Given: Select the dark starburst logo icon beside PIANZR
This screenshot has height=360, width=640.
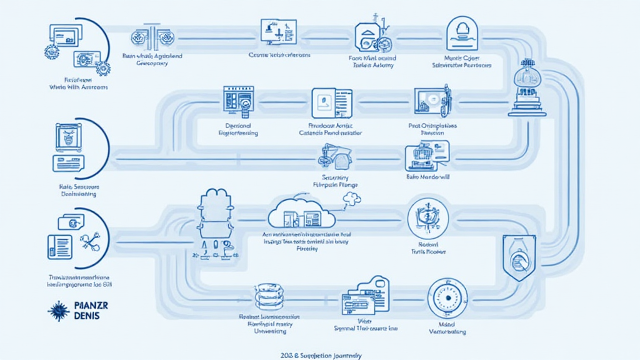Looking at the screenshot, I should [57, 311].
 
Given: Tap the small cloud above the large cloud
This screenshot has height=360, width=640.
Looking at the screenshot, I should [352, 199].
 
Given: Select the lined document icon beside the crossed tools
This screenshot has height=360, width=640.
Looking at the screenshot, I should [61, 246].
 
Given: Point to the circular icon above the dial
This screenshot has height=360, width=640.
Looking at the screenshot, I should [427, 219].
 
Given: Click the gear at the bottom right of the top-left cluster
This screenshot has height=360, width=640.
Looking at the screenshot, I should [102, 67].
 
